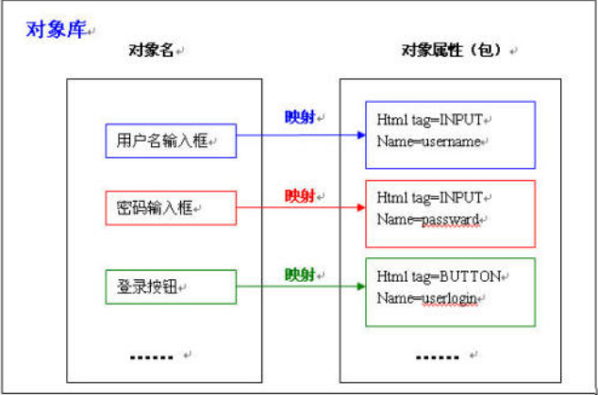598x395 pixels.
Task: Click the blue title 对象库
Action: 56,29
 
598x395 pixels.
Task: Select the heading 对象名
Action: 151,50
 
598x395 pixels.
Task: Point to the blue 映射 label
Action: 300,117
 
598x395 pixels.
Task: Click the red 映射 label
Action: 300,196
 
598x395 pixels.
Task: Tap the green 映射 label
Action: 300,274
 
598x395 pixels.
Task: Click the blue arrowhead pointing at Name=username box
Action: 361,135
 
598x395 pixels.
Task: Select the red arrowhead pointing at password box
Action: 361,207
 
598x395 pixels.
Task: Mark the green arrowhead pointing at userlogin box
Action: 361,287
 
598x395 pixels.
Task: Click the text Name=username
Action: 428,141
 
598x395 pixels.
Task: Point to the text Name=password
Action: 428,220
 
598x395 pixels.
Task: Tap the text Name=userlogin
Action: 426,298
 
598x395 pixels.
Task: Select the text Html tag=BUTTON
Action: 439,276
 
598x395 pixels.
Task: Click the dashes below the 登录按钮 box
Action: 152,357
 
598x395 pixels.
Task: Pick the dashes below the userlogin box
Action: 438,357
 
